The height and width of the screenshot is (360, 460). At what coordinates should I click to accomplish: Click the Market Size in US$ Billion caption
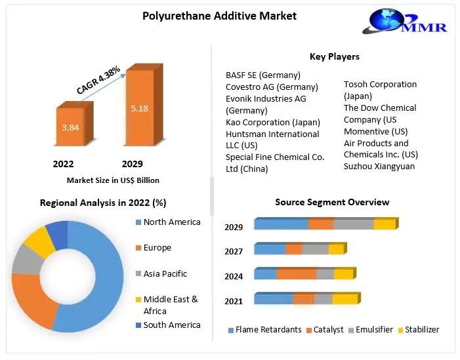[113, 180]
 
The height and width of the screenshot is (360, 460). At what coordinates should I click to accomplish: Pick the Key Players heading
[334, 56]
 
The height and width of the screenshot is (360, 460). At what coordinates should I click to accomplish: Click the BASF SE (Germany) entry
[263, 75]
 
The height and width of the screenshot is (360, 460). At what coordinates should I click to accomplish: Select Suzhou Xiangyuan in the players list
[380, 166]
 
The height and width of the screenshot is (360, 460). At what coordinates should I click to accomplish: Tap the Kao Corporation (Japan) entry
[273, 122]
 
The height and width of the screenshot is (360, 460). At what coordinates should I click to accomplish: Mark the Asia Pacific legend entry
[165, 273]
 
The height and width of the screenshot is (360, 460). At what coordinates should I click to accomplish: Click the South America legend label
[172, 325]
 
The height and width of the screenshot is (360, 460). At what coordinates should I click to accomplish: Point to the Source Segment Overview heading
[332, 202]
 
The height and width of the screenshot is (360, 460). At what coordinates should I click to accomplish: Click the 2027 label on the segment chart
[234, 251]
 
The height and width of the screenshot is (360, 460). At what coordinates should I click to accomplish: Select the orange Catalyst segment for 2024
[296, 274]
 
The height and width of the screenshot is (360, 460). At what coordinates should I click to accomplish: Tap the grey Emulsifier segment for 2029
[354, 224]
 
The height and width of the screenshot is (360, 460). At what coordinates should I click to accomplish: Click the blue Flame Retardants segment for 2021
[273, 299]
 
